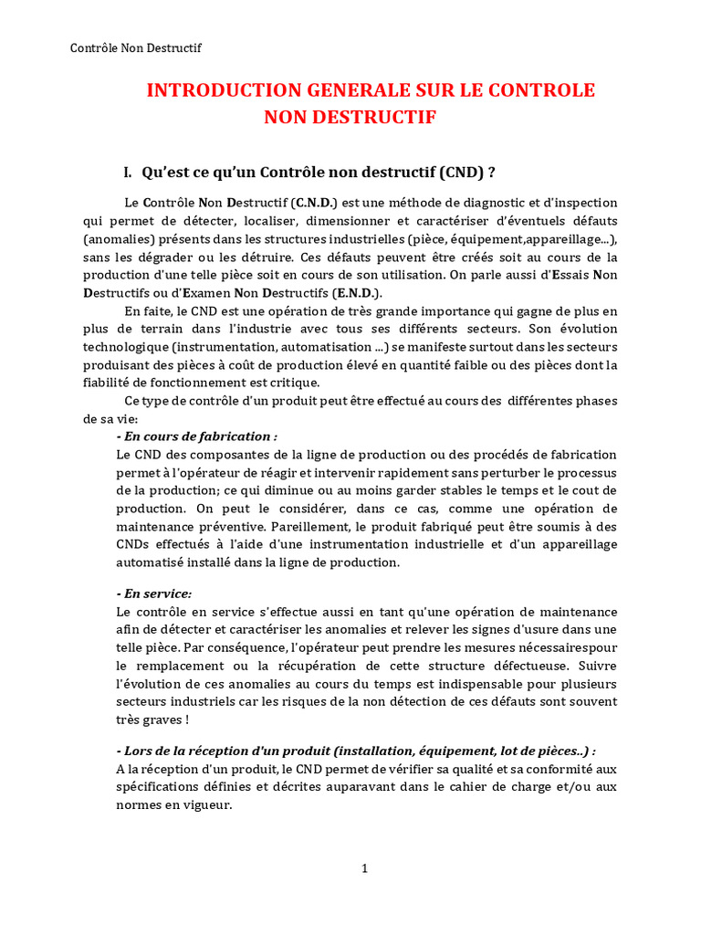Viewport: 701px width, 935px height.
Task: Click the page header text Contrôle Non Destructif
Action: (x=136, y=48)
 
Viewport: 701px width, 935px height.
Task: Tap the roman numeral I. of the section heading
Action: (x=129, y=173)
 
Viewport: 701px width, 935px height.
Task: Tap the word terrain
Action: (x=162, y=329)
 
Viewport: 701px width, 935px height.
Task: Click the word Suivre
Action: (x=597, y=666)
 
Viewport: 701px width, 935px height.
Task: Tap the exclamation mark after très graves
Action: (x=187, y=720)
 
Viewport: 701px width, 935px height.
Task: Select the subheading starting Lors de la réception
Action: (x=356, y=751)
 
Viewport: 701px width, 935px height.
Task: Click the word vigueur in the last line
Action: (x=207, y=806)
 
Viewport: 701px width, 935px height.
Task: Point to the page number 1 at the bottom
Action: (x=364, y=868)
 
